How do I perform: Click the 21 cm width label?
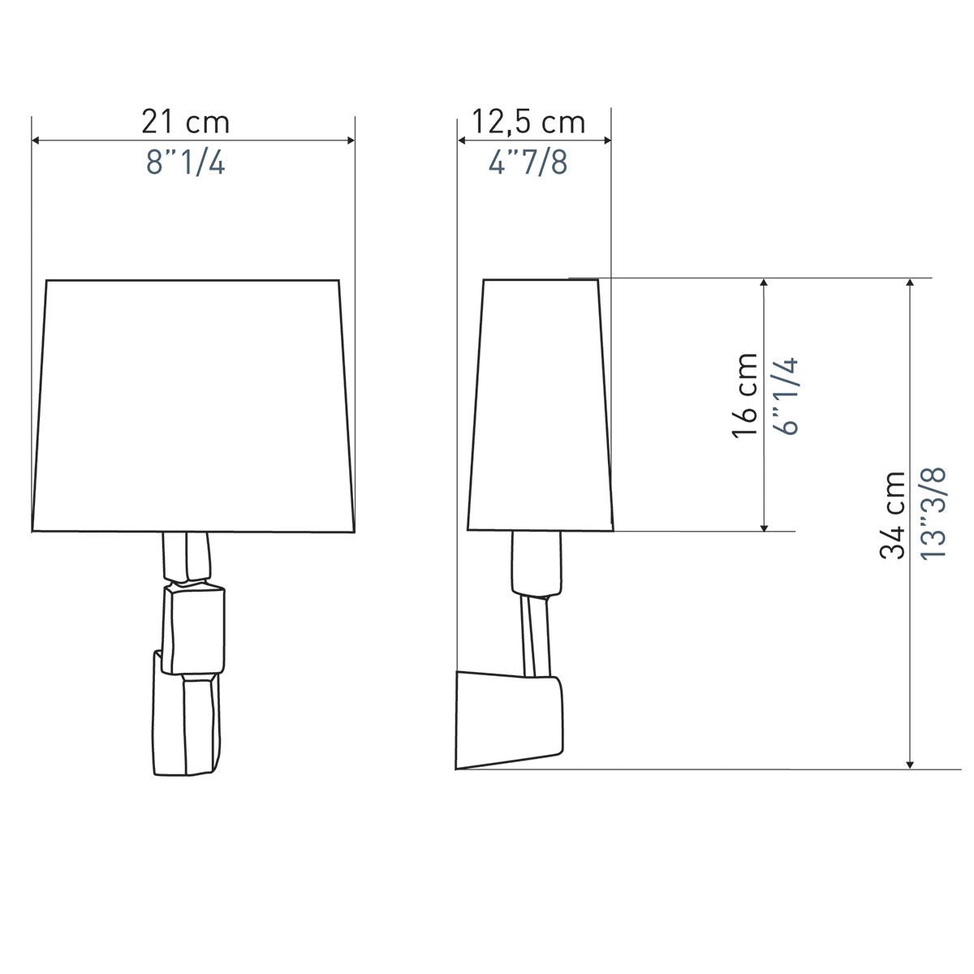pos(186,122)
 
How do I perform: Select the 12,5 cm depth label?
pos(528,123)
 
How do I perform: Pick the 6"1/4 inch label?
pos(786,396)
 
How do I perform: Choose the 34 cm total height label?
pos(892,515)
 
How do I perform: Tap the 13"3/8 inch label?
pos(933,512)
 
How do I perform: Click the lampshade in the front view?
pos(194,405)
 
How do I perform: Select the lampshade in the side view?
pos(541,404)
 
